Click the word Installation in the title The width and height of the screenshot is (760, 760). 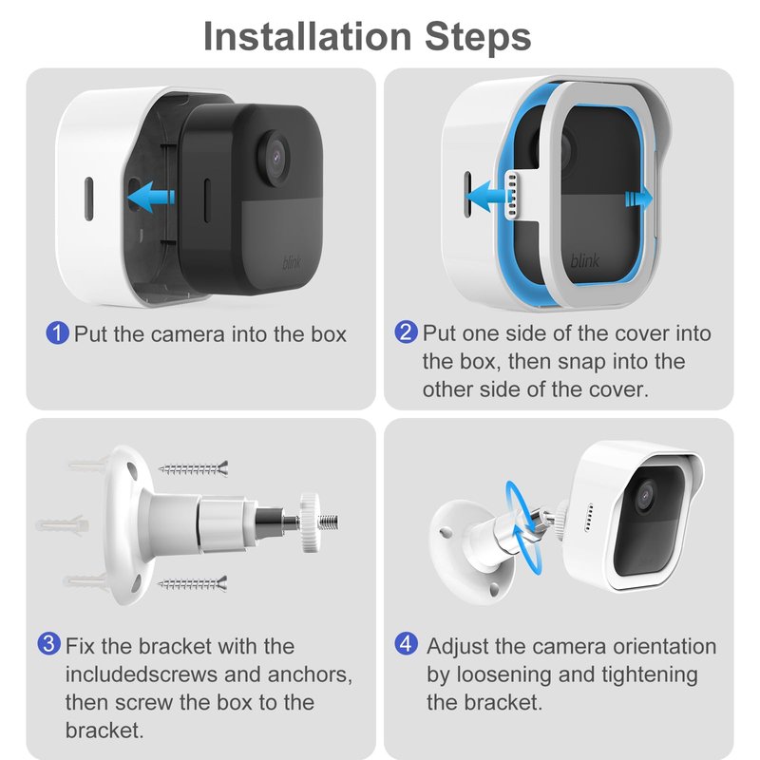point(308,36)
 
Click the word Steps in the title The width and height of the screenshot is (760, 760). point(478,37)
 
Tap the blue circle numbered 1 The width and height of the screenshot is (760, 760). point(57,333)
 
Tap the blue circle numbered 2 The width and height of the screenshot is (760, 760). point(406,332)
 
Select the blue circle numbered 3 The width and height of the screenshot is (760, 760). point(49,644)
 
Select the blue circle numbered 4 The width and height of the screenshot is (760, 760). point(407,644)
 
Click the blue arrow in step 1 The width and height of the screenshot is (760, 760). point(151,197)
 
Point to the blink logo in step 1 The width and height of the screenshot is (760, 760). point(292,262)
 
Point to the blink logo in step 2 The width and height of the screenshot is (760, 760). point(585,260)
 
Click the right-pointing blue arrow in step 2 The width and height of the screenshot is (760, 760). point(638,199)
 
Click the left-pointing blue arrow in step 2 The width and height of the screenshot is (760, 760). point(485,197)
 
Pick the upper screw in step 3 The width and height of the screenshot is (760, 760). point(194,468)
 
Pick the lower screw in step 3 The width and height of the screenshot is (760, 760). point(193,584)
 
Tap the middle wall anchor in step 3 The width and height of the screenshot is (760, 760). point(62,525)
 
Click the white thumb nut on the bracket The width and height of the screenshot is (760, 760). point(309,522)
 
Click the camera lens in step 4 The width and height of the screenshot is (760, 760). point(645,495)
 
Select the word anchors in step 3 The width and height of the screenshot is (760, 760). point(310,674)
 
